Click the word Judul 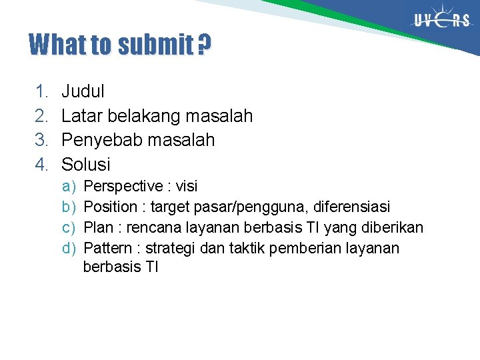(x=83, y=91)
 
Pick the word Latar (x=80, y=116)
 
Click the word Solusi (x=86, y=164)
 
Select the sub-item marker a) (x=69, y=186)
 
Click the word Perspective (x=124, y=186)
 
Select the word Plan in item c (x=99, y=228)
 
